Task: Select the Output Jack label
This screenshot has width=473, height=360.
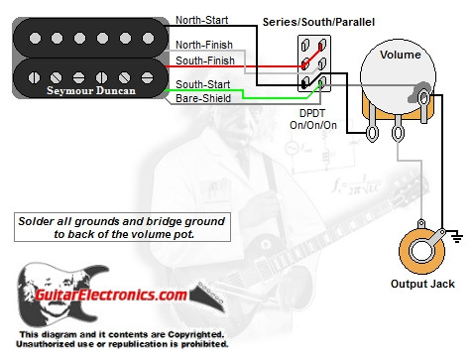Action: [421, 285]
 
